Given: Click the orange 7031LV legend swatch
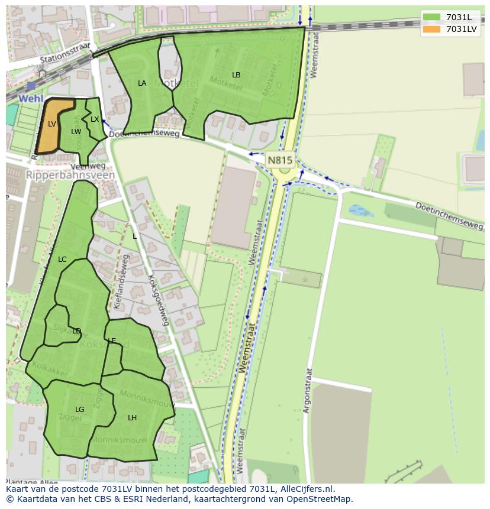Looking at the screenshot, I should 432,29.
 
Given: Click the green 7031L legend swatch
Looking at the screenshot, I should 432,17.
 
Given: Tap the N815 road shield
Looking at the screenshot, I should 280,160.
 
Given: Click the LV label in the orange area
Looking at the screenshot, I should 52,124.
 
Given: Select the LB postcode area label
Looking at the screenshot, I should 236,75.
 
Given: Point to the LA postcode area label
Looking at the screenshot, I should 142,83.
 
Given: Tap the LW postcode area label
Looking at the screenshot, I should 76,132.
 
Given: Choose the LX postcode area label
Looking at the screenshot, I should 95,119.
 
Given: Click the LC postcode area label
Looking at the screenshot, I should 62,260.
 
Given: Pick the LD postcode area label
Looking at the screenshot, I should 76,331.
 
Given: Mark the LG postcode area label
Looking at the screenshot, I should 80,410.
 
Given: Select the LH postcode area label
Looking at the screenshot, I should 132,418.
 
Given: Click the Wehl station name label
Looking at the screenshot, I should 30,98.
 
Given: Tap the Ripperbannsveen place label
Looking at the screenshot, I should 70,176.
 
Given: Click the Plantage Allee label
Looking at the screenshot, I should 33,482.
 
